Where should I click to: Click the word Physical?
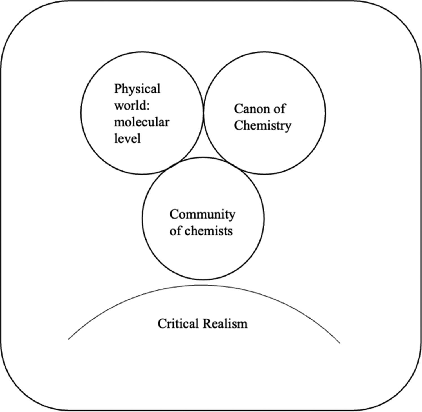pos(137,89)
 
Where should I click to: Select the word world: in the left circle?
pos(131,106)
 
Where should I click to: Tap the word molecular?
pos(142,123)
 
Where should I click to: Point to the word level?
pos(127,139)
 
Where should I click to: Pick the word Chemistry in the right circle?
pos(262,126)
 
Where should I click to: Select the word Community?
pos(202,215)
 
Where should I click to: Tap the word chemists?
pos(209,231)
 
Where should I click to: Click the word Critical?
pos(178,324)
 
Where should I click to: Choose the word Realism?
pos(225,324)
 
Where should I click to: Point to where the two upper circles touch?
pos(203,113)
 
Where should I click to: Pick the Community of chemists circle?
pos(203,253)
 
